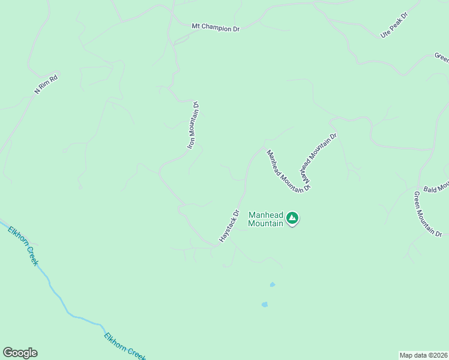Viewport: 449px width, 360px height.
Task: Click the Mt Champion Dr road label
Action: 215,27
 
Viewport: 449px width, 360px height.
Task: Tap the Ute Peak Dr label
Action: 394,25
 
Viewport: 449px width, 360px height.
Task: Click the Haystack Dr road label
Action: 229,226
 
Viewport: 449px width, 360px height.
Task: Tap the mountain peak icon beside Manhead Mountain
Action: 292,218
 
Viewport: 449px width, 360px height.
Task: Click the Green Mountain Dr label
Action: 427,214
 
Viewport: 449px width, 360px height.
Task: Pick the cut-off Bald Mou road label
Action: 436,188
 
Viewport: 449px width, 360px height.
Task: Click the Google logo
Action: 20,353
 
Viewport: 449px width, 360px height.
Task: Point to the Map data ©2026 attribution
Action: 424,355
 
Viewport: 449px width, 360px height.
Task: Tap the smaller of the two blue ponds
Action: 273,284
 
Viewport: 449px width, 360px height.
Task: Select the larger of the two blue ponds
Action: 264,304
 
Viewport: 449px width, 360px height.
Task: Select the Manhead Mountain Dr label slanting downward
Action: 288,171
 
